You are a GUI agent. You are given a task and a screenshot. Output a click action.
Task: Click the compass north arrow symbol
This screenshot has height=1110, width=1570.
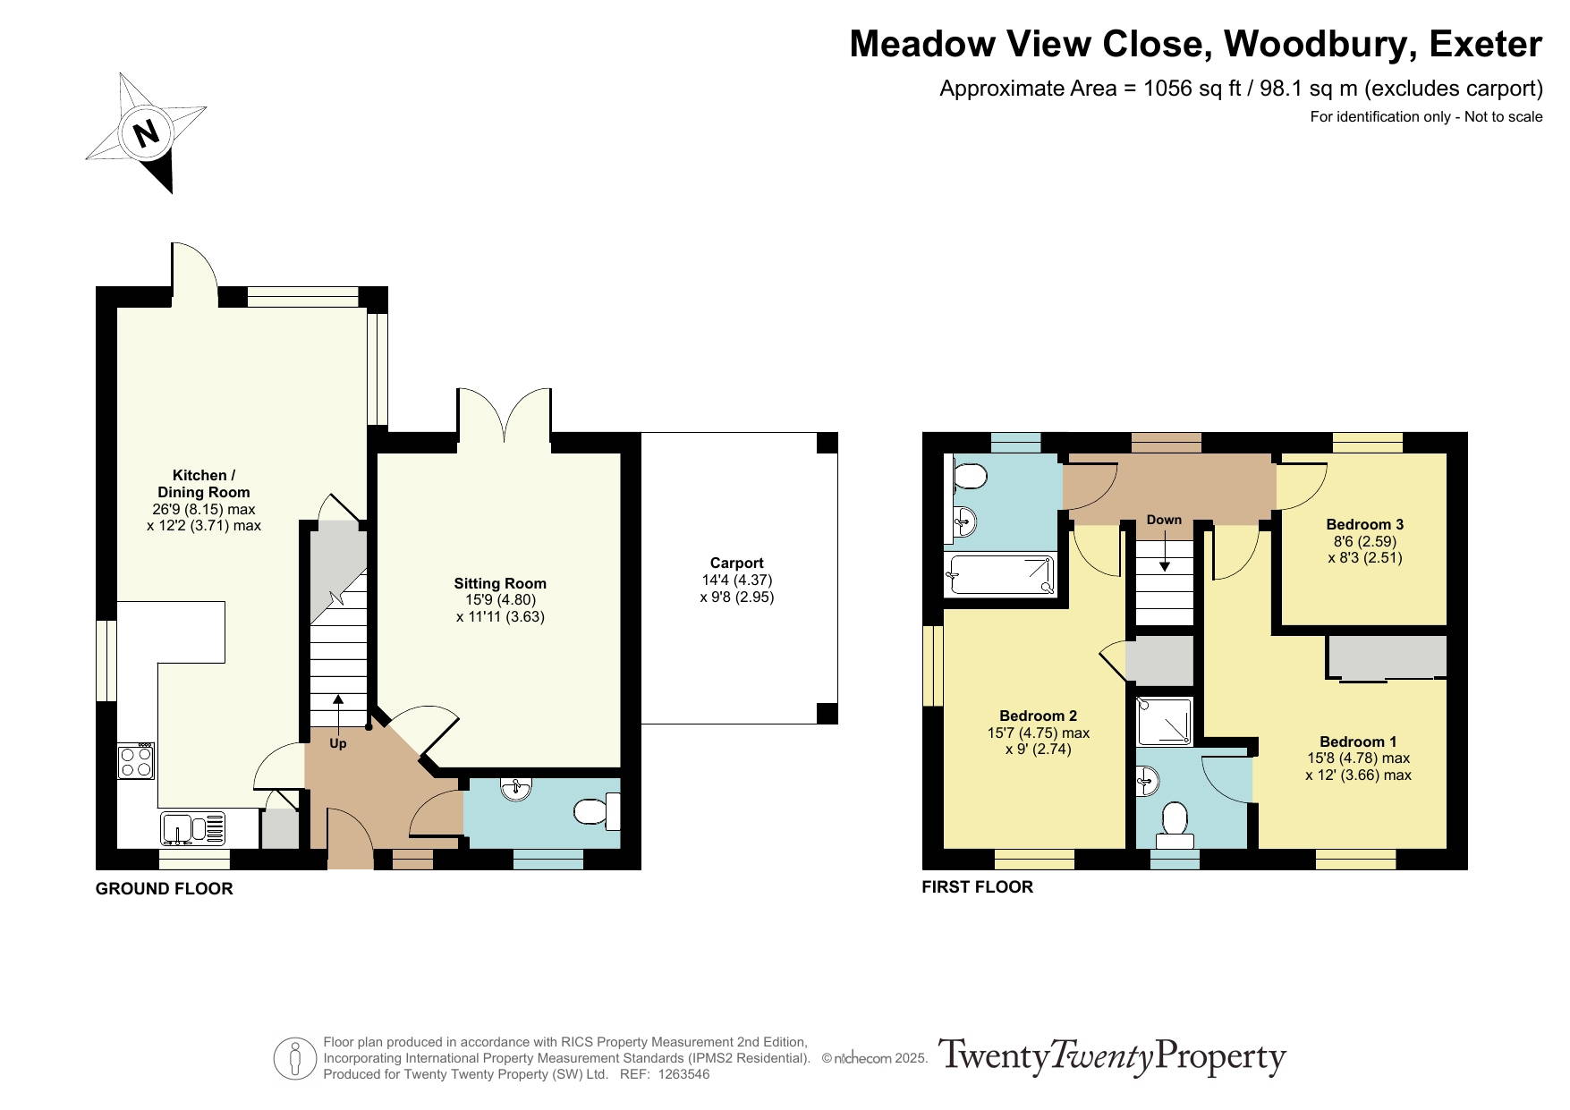coord(146,132)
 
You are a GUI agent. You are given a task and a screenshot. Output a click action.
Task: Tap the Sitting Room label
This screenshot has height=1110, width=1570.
coord(500,583)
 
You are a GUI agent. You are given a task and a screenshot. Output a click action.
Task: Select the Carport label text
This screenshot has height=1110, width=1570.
coord(736,563)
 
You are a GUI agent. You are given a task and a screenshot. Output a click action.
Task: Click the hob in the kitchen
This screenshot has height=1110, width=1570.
coord(136,761)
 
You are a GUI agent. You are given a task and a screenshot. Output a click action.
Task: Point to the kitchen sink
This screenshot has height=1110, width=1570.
coord(193,827)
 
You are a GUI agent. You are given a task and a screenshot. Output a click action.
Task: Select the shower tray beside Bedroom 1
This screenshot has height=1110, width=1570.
coord(1164,722)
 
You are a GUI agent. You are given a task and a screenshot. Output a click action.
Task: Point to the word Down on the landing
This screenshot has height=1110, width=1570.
coord(1164,520)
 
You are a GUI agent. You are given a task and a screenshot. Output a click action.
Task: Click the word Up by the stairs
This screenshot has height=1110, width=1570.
coord(338,743)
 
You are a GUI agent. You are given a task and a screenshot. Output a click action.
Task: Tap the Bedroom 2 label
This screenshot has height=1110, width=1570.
coord(1038,716)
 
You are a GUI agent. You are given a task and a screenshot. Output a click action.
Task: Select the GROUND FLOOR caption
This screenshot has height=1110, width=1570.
coord(165,888)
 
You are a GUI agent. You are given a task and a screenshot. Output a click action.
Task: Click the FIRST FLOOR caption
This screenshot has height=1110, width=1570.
coord(978,886)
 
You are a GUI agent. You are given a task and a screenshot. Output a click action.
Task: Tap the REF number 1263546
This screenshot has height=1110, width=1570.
coord(683,1074)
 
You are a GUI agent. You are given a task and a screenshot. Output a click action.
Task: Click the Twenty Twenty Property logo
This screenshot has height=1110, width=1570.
coord(1112,1057)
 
